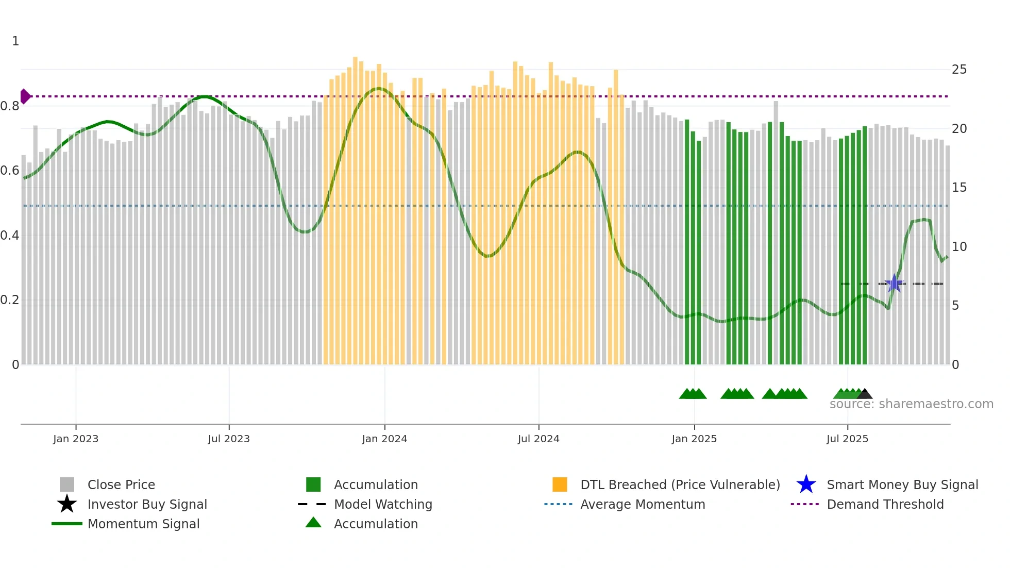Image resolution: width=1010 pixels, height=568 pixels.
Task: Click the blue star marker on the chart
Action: pos(895,283)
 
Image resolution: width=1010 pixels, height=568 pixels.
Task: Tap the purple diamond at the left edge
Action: pos(25,96)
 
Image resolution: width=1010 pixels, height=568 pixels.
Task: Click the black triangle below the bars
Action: pos(865,394)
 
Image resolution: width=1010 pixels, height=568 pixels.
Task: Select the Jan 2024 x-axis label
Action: pos(384,439)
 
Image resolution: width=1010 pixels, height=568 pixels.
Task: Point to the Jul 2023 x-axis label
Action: pos(229,439)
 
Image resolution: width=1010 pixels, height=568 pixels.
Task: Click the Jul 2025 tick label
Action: pos(847,439)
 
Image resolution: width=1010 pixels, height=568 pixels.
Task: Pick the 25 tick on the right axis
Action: pos(959,70)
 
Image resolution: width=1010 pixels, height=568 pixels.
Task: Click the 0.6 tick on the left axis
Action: pos(10,171)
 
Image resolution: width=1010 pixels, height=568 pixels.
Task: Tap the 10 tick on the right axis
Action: pos(959,247)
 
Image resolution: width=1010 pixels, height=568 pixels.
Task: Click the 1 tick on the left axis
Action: pos(15,41)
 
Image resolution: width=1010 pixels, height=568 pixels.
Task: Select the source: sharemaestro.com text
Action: pos(911,404)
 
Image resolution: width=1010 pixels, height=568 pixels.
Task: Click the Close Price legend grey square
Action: pos(67,485)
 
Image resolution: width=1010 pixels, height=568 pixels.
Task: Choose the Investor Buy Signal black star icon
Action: pos(67,504)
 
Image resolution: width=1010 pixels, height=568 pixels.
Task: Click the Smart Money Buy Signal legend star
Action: pos(806,485)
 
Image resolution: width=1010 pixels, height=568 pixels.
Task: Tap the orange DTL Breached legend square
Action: pos(560,485)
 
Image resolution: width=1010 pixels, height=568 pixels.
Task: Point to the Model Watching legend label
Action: pos(383,504)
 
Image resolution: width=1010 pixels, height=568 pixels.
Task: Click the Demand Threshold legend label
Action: pos(885,504)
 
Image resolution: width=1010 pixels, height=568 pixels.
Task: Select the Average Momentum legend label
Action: pos(643,504)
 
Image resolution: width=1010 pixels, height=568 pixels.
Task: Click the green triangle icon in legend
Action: pos(313,523)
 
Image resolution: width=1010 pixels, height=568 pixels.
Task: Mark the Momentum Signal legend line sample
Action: pos(67,524)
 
